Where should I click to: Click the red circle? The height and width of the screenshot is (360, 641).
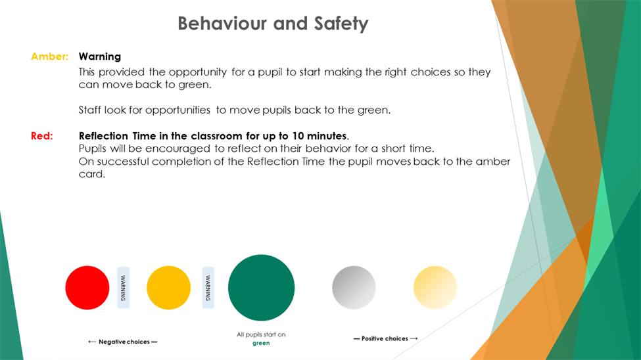pos(87,288)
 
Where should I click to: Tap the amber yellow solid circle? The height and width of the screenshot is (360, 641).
pos(168,288)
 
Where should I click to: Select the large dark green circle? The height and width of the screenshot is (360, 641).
pos(261,288)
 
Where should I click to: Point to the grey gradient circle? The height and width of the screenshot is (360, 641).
pos(354,288)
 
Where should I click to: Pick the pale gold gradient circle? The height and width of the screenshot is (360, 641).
pos(435,288)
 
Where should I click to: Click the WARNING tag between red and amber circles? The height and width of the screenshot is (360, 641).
pos(123,288)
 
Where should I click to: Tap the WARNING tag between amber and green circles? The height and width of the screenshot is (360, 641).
pos(208,288)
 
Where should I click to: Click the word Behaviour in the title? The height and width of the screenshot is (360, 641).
pos(223,24)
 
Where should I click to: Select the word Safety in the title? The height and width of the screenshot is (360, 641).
pos(341,24)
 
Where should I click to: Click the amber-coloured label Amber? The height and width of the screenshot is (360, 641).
pos(49,56)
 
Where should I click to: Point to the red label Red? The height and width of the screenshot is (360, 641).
pos(41,136)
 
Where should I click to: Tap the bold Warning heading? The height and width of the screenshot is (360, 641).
pos(100,56)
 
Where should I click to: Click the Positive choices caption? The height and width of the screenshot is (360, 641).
pos(385,338)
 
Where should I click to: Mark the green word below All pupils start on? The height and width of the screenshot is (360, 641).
pos(261,343)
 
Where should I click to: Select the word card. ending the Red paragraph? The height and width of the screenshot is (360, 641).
pos(92,174)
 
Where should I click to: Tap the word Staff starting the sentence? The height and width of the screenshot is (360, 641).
pos(89,110)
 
